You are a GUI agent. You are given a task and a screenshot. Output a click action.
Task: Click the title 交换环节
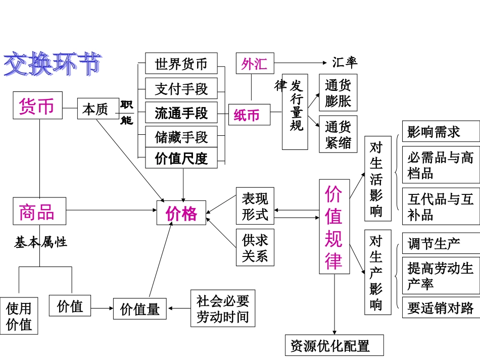pyautogui.click(x=53, y=64)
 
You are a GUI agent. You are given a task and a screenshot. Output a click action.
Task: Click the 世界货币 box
pyautogui.click(x=181, y=64)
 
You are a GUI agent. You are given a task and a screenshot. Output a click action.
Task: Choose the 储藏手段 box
pyautogui.click(x=181, y=136)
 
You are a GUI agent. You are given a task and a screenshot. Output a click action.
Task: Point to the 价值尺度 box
pyautogui.click(x=181, y=158)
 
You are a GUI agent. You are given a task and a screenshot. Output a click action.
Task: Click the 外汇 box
pyautogui.click(x=255, y=64)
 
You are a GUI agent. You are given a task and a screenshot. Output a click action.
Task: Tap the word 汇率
pyautogui.click(x=345, y=62)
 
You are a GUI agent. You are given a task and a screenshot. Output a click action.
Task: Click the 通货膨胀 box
pyautogui.click(x=338, y=93)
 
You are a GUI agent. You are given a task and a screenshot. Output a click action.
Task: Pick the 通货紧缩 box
pyautogui.click(x=338, y=134)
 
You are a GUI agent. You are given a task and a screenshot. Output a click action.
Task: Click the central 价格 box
pyautogui.click(x=181, y=214)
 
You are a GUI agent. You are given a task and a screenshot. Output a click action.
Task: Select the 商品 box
pyautogui.click(x=39, y=211)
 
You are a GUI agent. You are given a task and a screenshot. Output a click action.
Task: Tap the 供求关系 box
pyautogui.click(x=255, y=247)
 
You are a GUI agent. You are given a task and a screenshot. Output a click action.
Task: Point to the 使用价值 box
pyautogui.click(x=19, y=316)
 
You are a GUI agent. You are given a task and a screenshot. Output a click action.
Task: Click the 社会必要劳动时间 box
pyautogui.click(x=223, y=308)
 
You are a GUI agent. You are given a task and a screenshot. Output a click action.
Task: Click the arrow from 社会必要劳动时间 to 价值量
pyautogui.click(x=179, y=307)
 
